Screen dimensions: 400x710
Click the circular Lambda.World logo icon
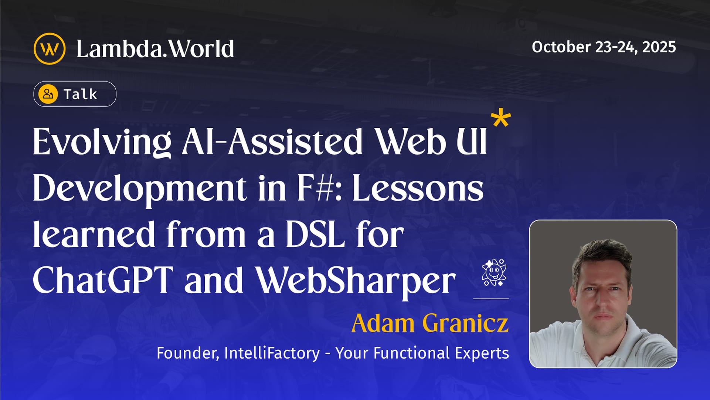(50, 49)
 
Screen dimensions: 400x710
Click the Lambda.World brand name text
(155, 49)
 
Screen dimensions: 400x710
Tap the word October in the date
(561, 47)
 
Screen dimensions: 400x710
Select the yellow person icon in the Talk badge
(48, 94)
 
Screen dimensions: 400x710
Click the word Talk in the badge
(80, 94)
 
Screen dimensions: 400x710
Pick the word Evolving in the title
(102, 142)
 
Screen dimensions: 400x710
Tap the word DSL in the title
(315, 235)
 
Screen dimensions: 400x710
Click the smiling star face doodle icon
(494, 272)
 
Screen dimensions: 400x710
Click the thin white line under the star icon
(491, 298)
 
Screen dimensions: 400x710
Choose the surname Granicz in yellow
(465, 323)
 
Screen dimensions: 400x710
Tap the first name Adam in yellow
(383, 323)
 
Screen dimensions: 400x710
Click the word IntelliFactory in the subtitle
(272, 353)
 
